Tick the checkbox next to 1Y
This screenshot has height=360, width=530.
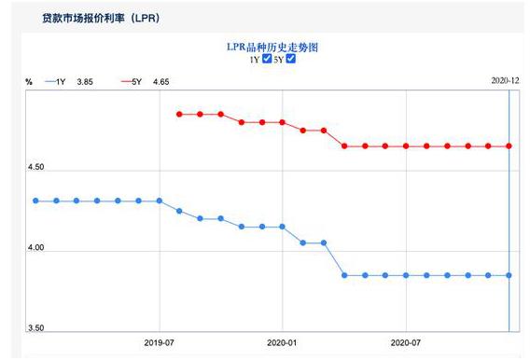click(268, 59)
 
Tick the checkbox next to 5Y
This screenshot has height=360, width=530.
click(291, 59)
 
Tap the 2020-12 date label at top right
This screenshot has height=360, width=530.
click(505, 81)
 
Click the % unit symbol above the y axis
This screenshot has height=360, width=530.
click(29, 82)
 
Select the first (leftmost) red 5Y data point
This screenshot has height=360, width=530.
click(179, 114)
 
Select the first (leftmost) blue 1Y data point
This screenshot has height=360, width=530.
click(35, 201)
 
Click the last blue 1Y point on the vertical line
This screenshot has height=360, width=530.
click(509, 275)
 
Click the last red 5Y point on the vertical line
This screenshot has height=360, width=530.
click(509, 145)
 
